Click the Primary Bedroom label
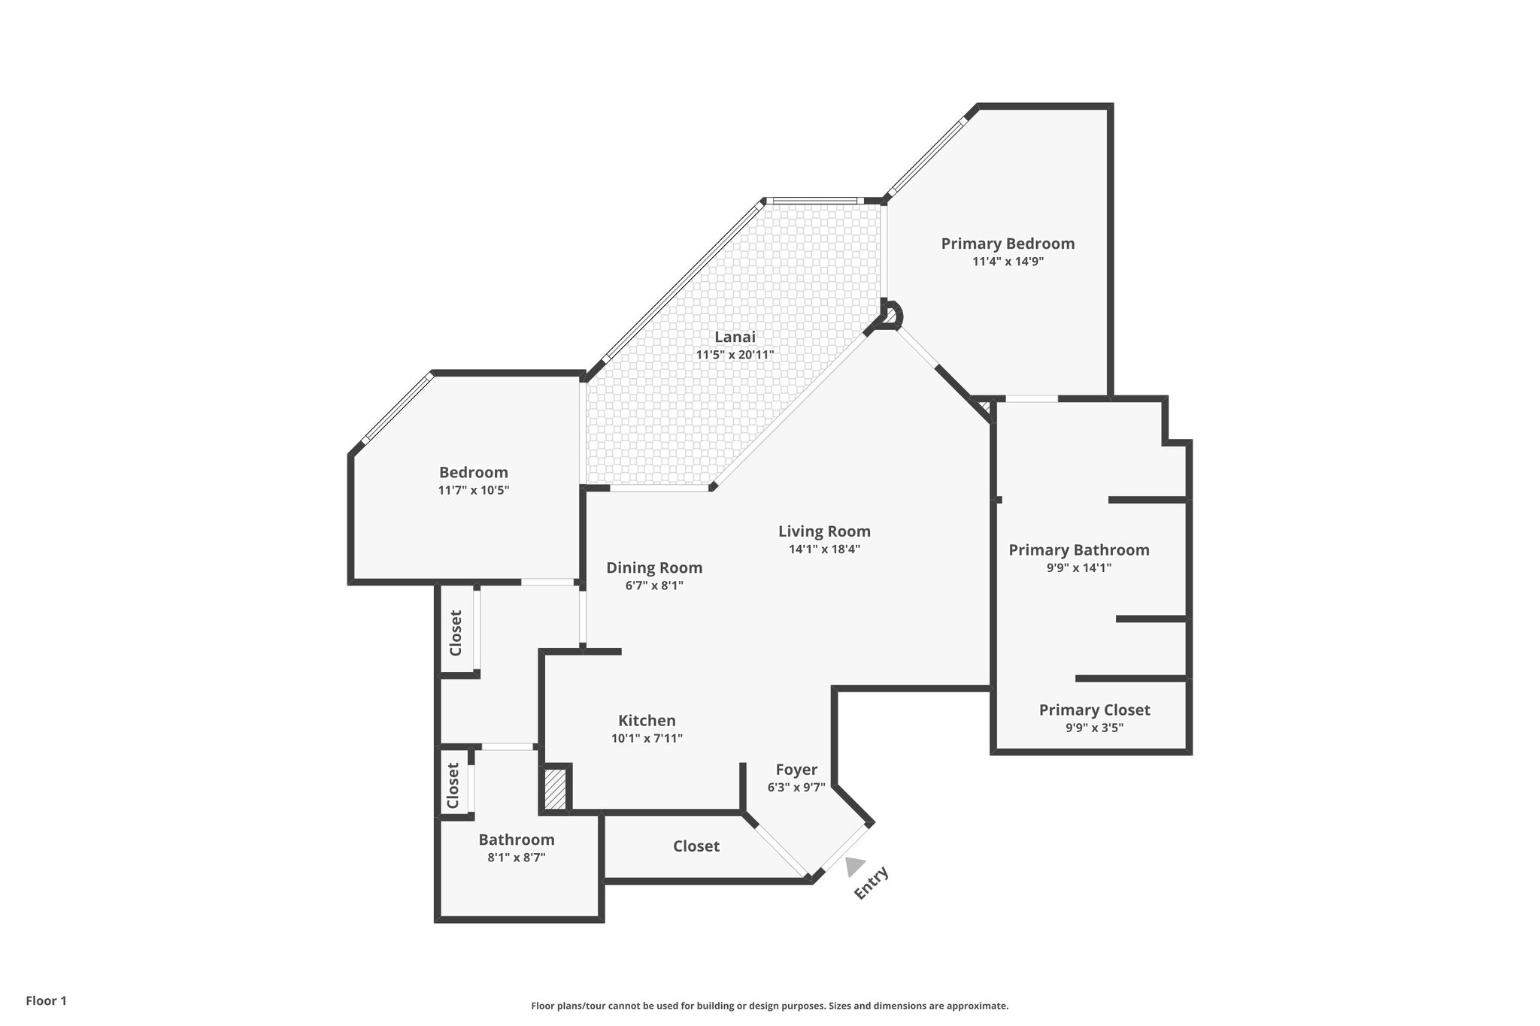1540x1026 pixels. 1008,244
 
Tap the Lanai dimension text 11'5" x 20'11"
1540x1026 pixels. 735,355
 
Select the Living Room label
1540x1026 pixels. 824,531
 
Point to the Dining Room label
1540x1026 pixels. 654,567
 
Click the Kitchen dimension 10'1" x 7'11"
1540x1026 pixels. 647,738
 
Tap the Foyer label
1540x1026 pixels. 796,770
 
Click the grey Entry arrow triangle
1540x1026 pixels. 853,867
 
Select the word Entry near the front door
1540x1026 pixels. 872,882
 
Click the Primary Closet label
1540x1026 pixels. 1094,710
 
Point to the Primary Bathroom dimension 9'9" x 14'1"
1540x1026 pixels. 1079,568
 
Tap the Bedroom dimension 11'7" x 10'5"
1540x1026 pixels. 474,490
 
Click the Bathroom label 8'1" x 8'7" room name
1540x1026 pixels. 517,840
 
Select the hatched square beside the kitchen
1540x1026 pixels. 555,788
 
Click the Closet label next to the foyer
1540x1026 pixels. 696,846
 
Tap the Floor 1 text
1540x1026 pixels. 47,1000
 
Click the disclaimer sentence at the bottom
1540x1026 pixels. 769,1006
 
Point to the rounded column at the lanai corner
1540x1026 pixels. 890,315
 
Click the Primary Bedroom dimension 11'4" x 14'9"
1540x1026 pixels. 1008,262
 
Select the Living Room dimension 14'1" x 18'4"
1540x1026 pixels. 824,549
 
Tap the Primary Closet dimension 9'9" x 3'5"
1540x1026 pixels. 1094,728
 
